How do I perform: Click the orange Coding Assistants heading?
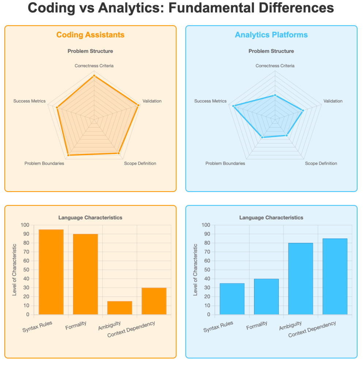[x=90, y=35]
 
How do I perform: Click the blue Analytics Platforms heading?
[x=271, y=35]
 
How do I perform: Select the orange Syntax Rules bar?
[x=51, y=272]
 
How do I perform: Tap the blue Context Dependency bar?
[x=335, y=276]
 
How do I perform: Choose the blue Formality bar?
[x=266, y=296]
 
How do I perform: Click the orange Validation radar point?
[x=138, y=105]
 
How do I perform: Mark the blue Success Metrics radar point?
[x=234, y=106]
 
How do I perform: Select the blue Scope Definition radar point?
[x=287, y=135]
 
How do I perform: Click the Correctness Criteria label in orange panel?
[x=94, y=66]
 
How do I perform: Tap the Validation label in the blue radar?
[x=333, y=101]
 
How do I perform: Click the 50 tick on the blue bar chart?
[x=206, y=270]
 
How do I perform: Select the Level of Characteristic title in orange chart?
[x=15, y=270]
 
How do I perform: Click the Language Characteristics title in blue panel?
[x=271, y=218]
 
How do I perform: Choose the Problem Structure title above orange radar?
[x=90, y=51]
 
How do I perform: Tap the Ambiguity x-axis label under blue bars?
[x=290, y=326]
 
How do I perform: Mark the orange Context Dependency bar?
[x=154, y=301]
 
